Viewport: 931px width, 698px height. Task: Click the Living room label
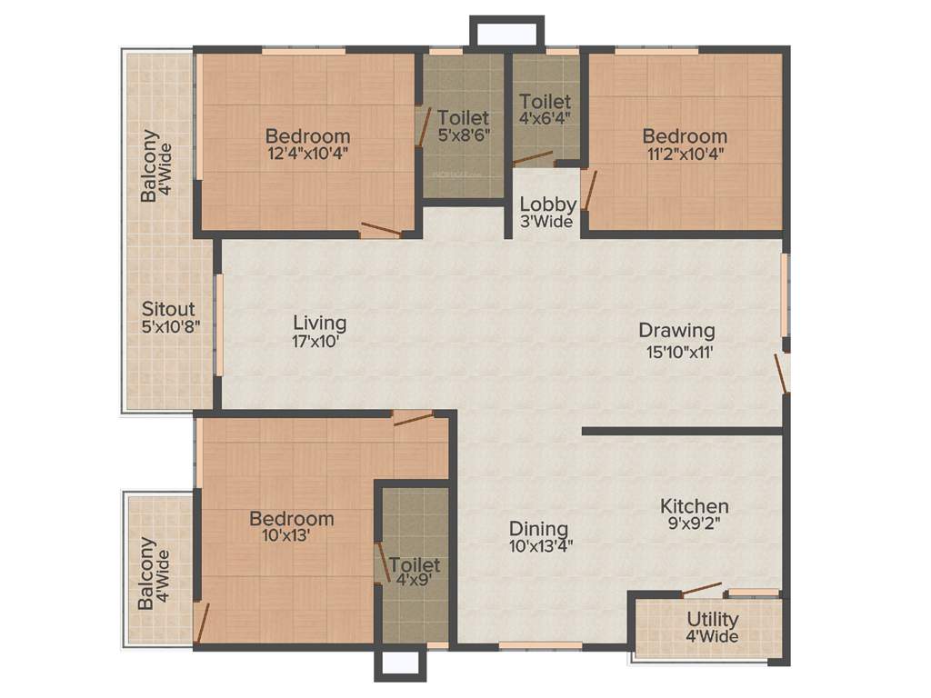[x=319, y=323]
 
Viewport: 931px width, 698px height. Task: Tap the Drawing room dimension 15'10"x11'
[x=676, y=354]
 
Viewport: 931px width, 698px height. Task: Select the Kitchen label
[x=694, y=506]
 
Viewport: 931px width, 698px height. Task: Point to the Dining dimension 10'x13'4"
[x=540, y=546]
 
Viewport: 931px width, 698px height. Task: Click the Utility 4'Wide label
[x=712, y=628]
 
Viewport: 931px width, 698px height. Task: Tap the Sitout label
[x=168, y=310]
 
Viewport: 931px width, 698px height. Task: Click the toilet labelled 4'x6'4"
[x=546, y=110]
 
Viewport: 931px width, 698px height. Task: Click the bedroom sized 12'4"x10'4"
[x=307, y=145]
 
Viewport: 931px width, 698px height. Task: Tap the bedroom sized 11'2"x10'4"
[x=685, y=145]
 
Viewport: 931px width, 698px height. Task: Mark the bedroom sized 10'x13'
[x=291, y=527]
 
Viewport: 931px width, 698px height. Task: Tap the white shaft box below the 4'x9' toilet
[x=400, y=664]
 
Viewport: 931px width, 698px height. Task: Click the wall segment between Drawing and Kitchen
[x=682, y=431]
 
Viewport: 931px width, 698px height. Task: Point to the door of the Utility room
[x=702, y=588]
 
